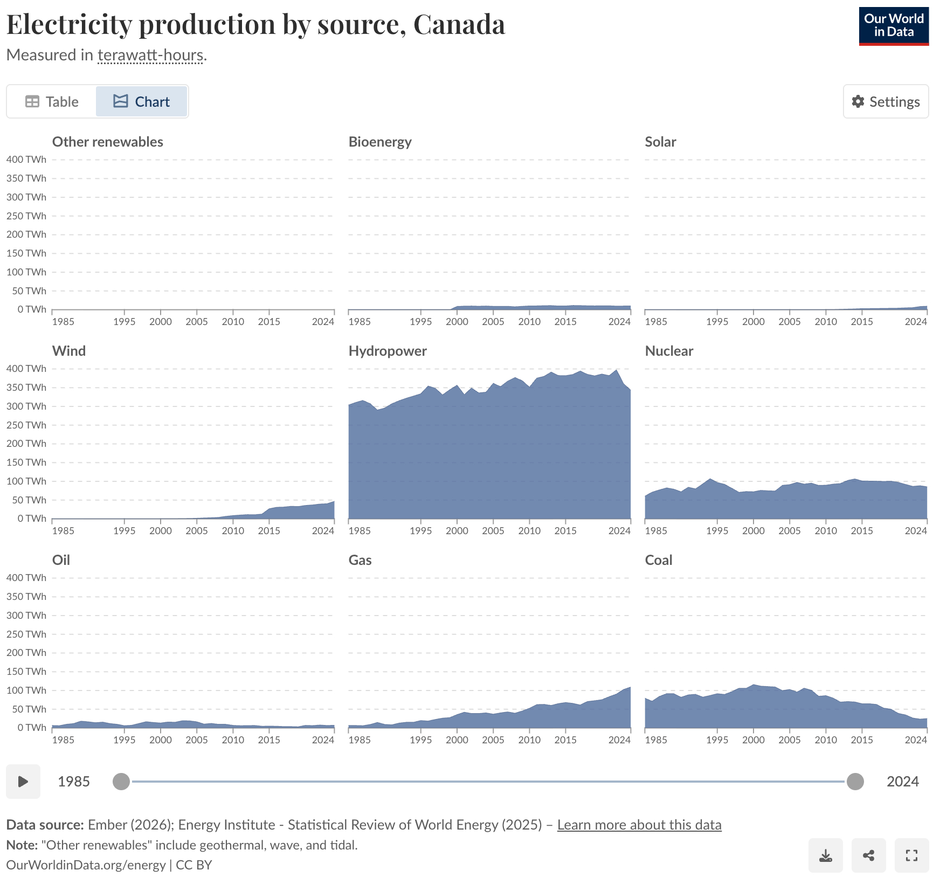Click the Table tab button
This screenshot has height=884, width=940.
pos(52,101)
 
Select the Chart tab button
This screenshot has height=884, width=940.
pos(141,101)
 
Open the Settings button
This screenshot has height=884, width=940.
pos(886,101)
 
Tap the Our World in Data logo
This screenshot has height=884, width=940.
pos(893,26)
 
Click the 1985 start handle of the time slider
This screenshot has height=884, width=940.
pos(121,781)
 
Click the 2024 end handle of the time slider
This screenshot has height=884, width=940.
pos(855,781)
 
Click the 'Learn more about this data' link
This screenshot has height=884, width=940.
pos(639,825)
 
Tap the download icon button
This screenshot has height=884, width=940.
pos(825,855)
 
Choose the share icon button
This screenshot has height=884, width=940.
pos(868,855)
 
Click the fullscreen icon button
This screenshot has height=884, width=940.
pos(911,855)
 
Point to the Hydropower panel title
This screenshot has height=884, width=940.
pos(388,351)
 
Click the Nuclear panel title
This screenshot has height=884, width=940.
pos(669,351)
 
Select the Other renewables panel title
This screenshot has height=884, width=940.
pos(107,142)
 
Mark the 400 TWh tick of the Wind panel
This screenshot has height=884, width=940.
pos(26,369)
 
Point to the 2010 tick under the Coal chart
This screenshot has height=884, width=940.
pos(825,740)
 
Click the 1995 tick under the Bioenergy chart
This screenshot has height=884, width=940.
pos(420,321)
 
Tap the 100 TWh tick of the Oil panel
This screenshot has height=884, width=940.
pos(26,690)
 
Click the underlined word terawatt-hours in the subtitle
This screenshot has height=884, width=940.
pos(150,55)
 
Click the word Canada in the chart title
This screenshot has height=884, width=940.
pos(459,24)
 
